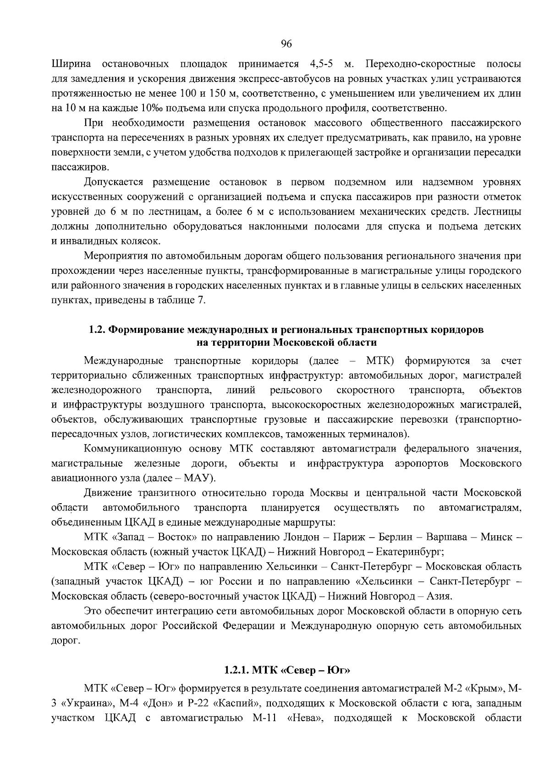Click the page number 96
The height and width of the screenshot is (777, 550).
point(286,43)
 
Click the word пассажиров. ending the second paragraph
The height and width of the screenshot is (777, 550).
point(74,167)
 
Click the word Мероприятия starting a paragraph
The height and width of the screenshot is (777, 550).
point(115,256)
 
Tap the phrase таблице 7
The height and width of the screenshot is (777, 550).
point(182,300)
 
